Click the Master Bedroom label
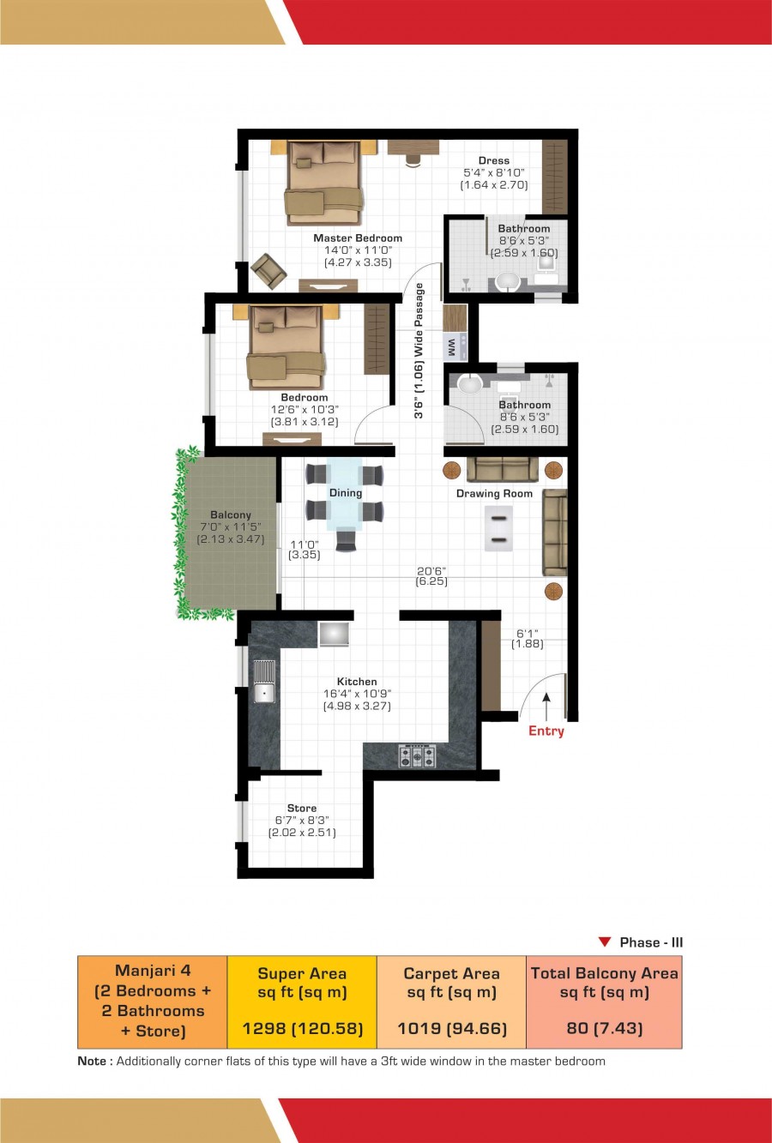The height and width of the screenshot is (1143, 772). (358, 238)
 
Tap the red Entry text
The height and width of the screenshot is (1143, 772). (546, 731)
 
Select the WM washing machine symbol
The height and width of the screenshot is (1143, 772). (455, 346)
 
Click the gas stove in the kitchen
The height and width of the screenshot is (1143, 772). (417, 755)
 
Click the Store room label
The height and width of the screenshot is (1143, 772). (302, 808)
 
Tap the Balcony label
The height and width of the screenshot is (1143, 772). (231, 514)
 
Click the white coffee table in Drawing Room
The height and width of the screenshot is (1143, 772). (498, 528)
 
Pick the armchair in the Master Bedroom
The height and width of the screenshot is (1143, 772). (268, 270)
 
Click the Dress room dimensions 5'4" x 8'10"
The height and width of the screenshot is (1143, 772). (494, 172)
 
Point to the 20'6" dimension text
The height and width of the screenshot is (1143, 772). (431, 571)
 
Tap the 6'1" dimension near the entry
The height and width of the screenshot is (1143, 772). (527, 634)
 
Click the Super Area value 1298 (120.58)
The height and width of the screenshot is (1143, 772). (302, 1028)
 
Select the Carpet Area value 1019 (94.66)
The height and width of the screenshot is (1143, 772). (452, 1028)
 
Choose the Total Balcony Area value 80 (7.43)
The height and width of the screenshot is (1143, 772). (605, 1028)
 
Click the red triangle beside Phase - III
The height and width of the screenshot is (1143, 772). (605, 942)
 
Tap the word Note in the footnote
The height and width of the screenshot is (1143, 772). (92, 1062)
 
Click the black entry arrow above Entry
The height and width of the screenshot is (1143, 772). (546, 707)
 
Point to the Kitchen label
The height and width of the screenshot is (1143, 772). (357, 681)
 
